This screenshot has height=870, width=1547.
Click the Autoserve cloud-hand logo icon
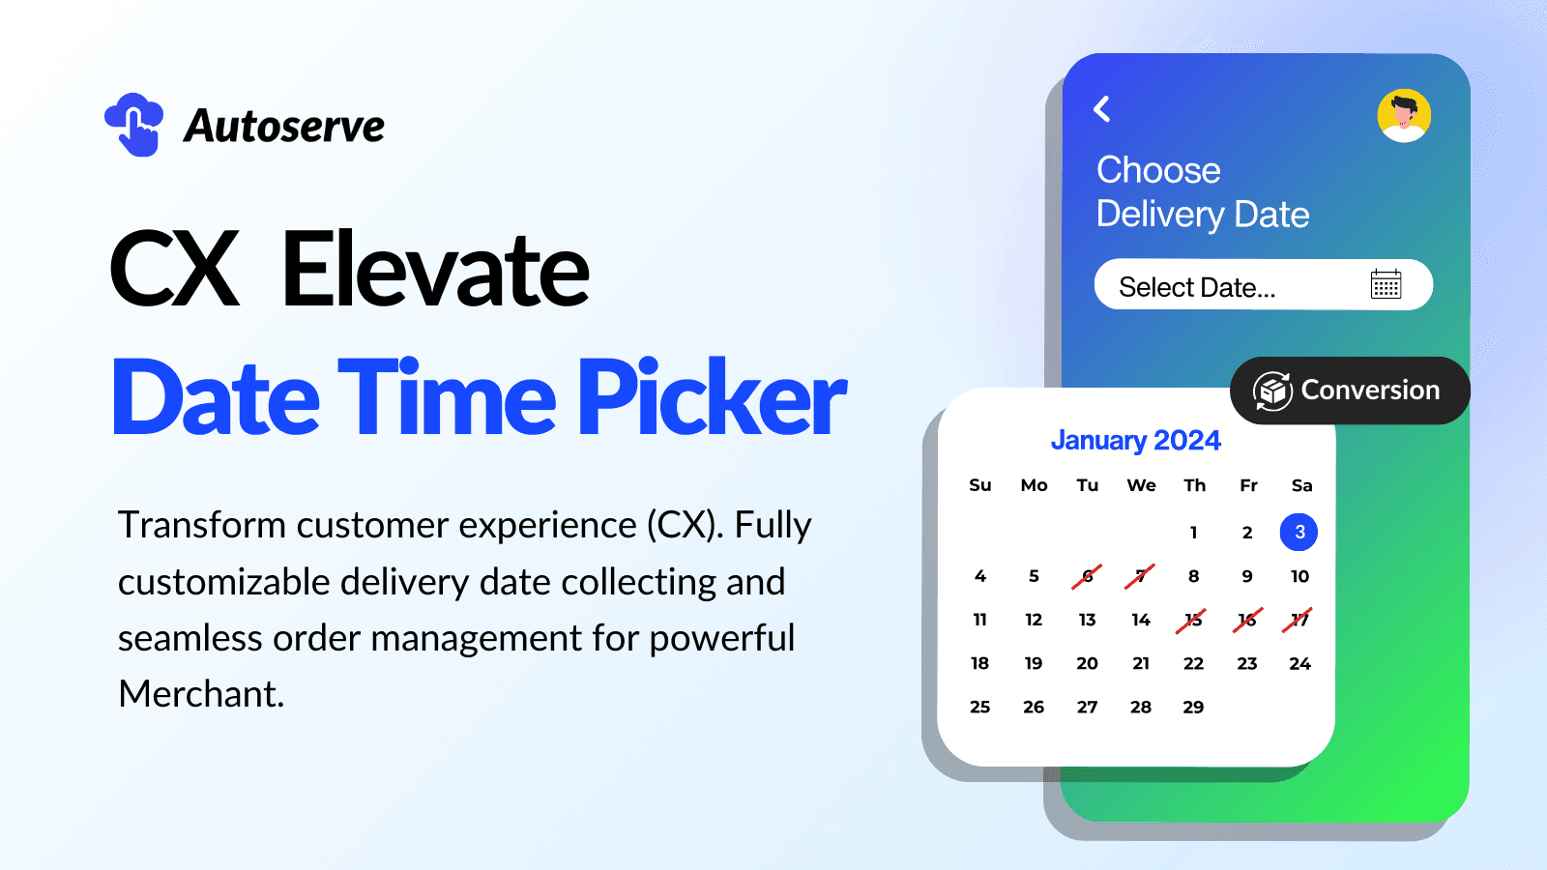[134, 125]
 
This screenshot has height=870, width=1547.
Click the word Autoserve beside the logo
[284, 126]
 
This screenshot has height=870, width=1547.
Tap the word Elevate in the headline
[434, 270]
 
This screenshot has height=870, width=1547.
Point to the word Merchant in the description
[200, 694]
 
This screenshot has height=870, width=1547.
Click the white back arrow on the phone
[1102, 109]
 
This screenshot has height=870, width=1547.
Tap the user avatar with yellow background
[1404, 116]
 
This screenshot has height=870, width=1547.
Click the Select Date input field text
[1197, 287]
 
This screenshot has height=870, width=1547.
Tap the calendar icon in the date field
[1386, 285]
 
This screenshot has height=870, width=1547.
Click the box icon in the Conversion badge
[1273, 391]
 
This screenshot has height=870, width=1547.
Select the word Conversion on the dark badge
[1370, 390]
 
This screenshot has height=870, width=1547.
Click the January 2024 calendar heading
[1135, 440]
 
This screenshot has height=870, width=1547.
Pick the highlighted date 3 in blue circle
[1299, 532]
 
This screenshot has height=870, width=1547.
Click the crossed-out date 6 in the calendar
[1087, 576]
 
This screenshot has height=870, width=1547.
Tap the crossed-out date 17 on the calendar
[1299, 620]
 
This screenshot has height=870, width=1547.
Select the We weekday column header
[1141, 485]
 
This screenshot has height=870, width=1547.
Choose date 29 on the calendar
[1193, 707]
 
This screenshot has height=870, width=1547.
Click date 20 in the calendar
[1087, 663]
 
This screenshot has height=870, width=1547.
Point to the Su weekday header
[979, 485]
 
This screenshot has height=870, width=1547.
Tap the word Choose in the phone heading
[1158, 170]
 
